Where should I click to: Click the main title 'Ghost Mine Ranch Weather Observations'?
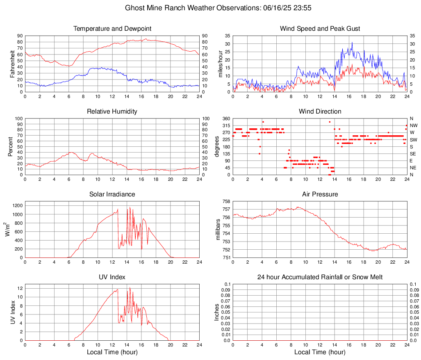pos(210,8)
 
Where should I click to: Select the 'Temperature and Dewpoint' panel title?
pos(112,29)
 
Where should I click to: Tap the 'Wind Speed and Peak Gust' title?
pos(320,29)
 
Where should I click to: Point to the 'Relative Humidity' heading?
pos(112,112)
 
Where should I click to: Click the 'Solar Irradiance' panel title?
pos(112,194)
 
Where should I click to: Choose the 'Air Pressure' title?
pos(320,194)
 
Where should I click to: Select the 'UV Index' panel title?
pos(112,277)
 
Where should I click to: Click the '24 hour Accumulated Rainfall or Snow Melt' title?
pos(320,277)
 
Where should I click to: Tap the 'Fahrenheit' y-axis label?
pos(11,64)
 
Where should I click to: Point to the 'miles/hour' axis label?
pos(220,64)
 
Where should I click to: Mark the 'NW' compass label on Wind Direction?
pos(413,125)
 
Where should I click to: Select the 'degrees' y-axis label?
pos(217,146)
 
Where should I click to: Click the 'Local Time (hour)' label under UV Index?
pos(112,352)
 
